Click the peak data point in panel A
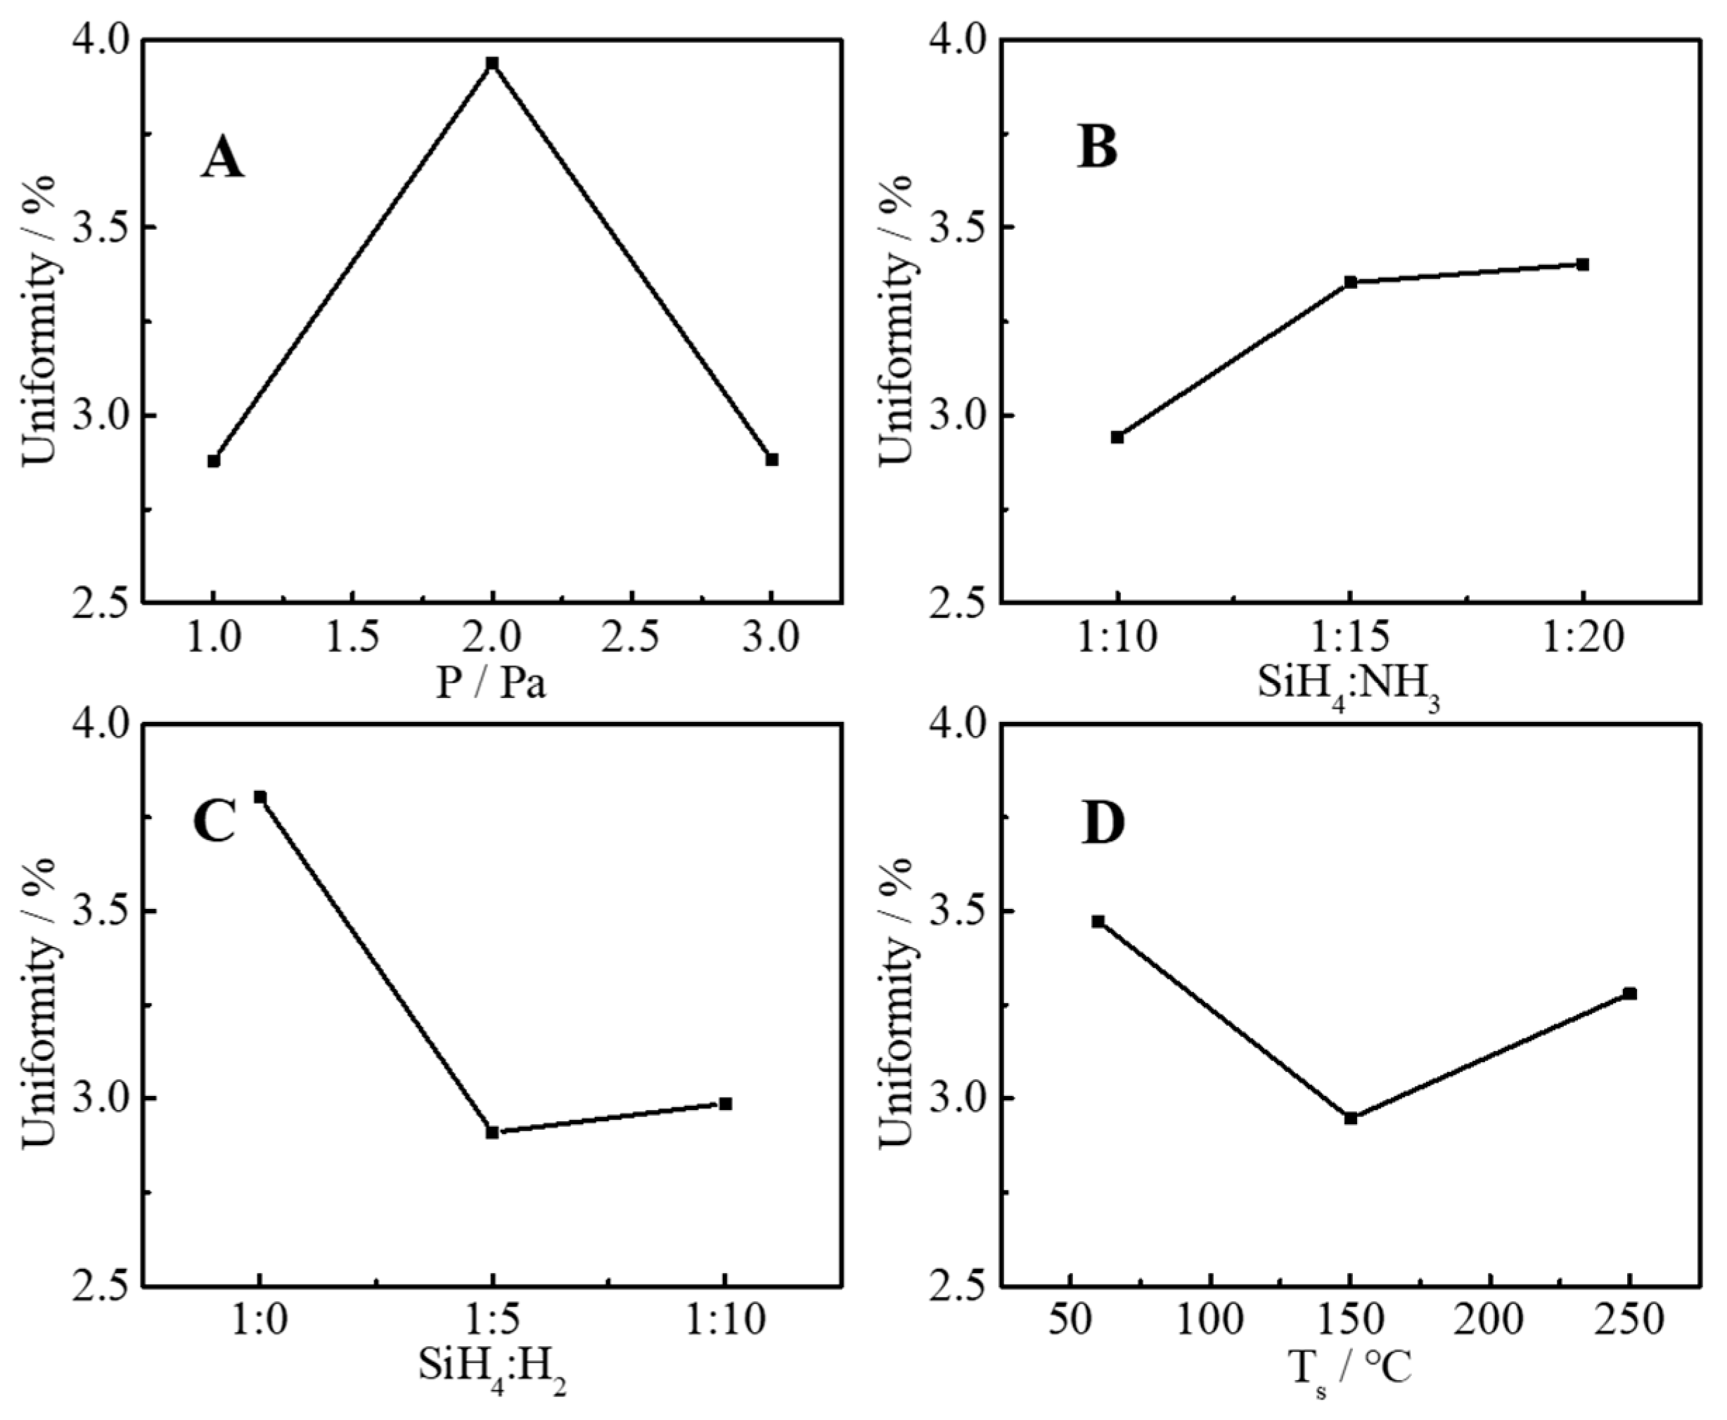click(492, 64)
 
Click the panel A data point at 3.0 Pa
click(771, 459)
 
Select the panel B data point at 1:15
click(1350, 282)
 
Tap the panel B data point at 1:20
click(1582, 264)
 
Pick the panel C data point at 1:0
click(260, 796)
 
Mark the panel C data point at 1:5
click(492, 1132)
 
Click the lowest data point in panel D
click(1350, 1117)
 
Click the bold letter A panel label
click(222, 158)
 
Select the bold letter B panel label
click(1097, 148)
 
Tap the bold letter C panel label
click(214, 823)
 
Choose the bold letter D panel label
click(1103, 823)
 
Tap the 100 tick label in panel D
click(1210, 1321)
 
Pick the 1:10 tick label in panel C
click(725, 1321)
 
